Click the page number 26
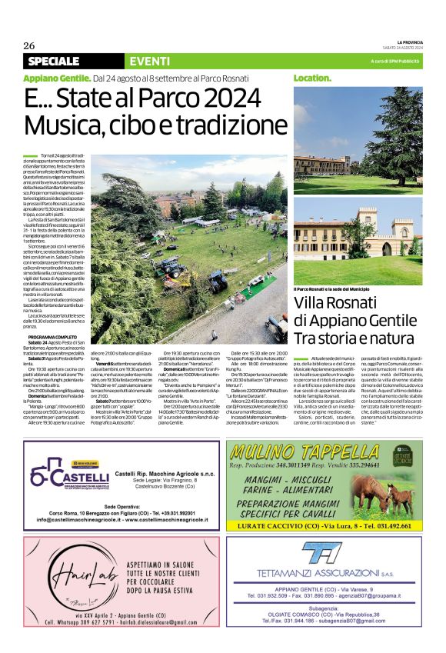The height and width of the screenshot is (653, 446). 29,45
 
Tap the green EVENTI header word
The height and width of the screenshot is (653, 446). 150,61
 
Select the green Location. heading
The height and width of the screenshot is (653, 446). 311,78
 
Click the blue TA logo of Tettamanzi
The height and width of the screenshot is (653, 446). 315,554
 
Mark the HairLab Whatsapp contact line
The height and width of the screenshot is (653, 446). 115,621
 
